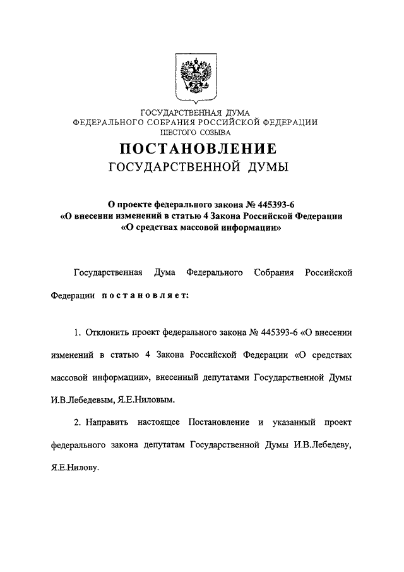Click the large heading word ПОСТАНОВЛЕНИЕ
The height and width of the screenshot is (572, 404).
(198, 149)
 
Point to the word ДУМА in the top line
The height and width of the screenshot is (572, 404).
(235, 113)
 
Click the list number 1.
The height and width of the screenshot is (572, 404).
(77, 331)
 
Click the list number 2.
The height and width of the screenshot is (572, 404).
(77, 422)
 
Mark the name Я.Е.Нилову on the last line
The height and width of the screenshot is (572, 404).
(75, 469)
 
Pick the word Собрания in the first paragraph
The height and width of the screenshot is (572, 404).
(274, 272)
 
